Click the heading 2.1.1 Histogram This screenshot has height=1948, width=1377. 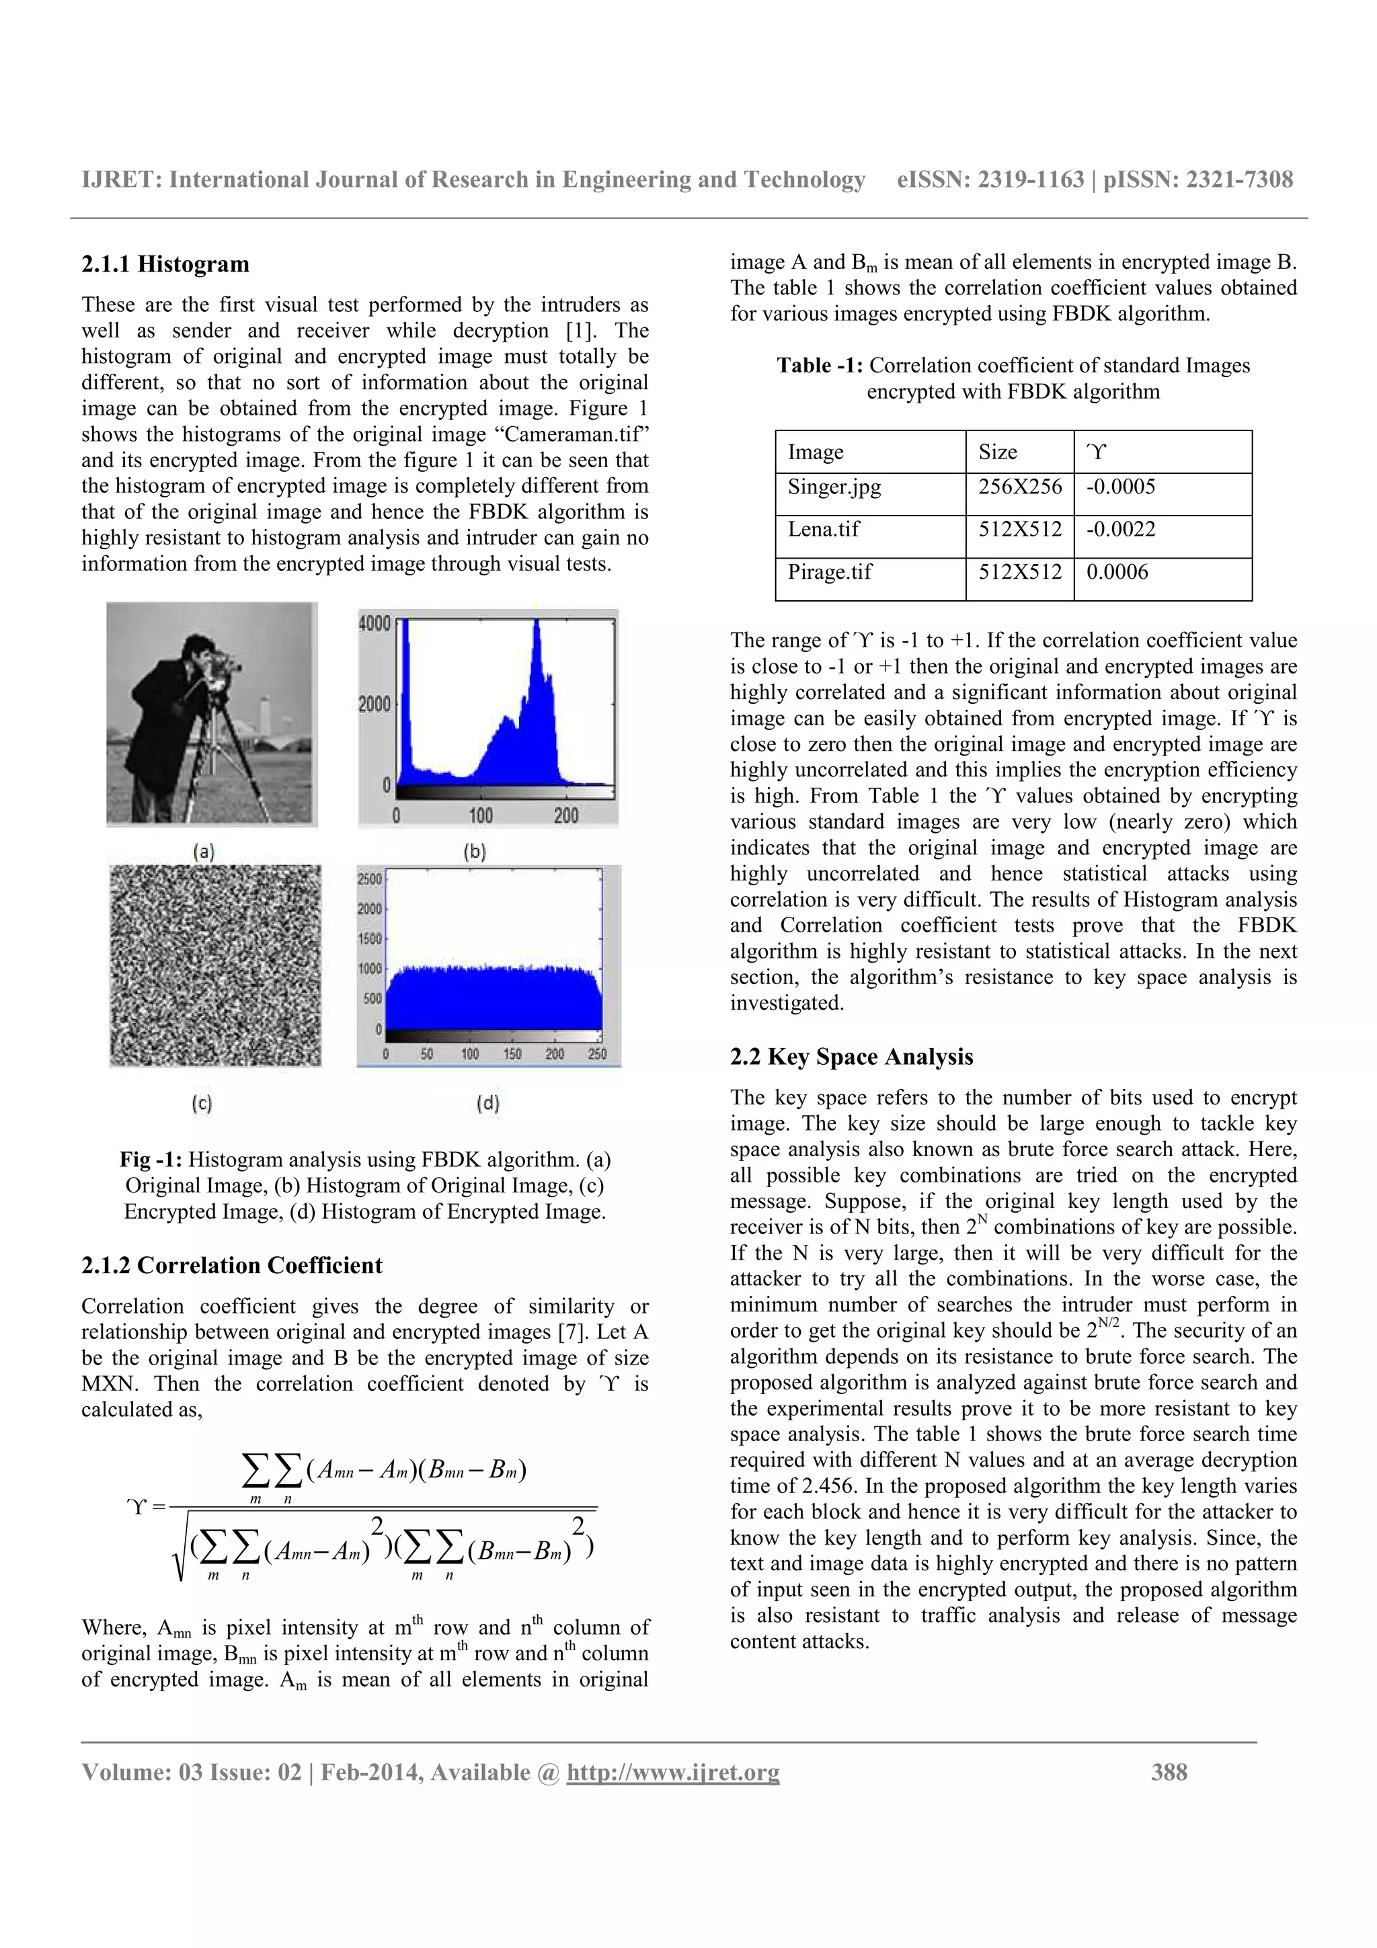(x=165, y=265)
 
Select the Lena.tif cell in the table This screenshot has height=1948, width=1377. (x=823, y=530)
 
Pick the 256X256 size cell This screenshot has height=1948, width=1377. (x=1019, y=487)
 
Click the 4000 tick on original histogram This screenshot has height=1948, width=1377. (x=374, y=624)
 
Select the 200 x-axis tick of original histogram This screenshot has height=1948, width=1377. (x=566, y=815)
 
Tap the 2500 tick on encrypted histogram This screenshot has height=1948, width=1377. (x=369, y=880)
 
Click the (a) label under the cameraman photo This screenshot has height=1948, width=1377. (x=204, y=851)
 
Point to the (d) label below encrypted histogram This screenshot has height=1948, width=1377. (x=488, y=1103)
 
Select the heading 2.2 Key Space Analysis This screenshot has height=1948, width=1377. (x=851, y=1057)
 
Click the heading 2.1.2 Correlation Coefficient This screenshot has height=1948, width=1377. (x=231, y=1266)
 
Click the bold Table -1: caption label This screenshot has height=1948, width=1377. (x=820, y=366)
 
